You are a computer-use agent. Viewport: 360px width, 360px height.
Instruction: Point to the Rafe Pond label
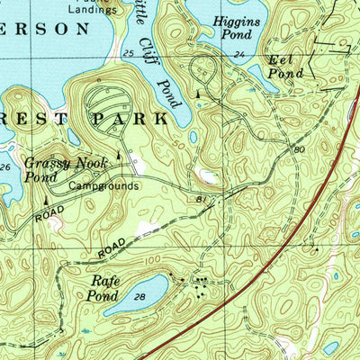point(104,288)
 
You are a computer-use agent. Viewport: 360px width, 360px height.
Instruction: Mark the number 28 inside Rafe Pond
point(139,296)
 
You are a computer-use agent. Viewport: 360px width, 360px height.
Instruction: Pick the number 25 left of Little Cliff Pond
point(128,54)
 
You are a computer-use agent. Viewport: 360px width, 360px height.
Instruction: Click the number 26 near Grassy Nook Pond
point(5,167)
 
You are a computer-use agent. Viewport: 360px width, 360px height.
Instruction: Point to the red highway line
point(270,243)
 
